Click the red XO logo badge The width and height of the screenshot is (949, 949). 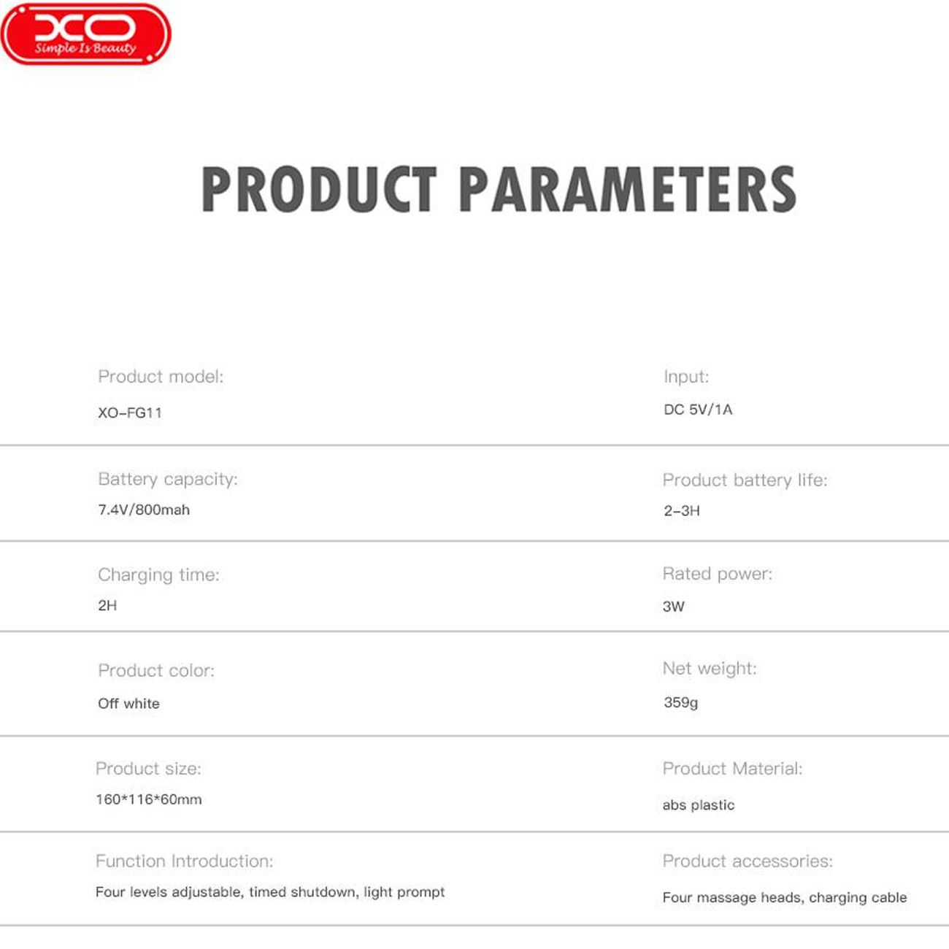85,34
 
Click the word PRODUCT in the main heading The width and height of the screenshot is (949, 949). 319,190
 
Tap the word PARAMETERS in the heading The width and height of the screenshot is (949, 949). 627,190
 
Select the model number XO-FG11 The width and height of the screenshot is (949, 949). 130,412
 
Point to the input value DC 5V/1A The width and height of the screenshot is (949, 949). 698,410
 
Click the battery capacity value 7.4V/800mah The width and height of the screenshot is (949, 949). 144,510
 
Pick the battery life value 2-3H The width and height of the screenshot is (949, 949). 682,511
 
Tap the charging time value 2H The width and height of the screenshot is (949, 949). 107,605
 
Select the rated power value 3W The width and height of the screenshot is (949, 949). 674,606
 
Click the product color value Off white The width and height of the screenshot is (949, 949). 128,703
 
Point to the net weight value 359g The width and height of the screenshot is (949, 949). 681,703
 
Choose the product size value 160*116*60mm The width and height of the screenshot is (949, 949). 149,799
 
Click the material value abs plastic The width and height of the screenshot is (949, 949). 699,805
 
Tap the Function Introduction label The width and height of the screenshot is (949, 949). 184,861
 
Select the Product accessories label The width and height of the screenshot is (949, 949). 748,861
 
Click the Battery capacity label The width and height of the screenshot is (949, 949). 168,479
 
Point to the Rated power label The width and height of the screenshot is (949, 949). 718,574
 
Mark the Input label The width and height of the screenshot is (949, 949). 686,377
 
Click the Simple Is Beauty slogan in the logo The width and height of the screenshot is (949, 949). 85,48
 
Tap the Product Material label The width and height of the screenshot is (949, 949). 732,768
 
